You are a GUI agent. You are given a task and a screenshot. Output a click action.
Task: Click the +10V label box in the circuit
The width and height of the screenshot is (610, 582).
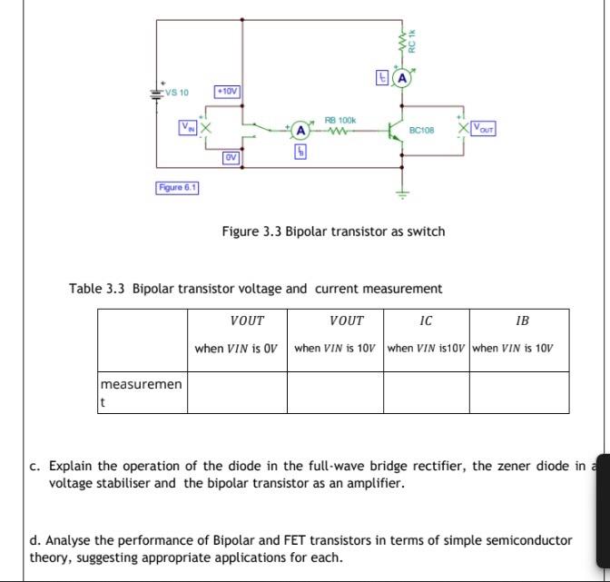(227, 92)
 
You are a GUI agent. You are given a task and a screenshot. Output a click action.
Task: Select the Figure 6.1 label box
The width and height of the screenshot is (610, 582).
(177, 187)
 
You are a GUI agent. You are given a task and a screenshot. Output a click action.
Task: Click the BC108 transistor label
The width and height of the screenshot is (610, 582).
(422, 131)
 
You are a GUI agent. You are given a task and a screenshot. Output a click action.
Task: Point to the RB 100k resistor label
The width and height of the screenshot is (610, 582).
(340, 120)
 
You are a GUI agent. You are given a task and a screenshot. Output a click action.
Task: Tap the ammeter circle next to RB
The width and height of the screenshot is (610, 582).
(299, 132)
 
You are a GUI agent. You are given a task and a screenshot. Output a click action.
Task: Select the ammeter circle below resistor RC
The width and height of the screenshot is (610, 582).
(400, 79)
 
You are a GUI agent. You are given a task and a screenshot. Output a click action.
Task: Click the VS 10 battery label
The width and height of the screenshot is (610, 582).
(177, 93)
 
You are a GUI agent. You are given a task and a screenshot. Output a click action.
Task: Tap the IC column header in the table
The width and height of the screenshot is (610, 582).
(426, 321)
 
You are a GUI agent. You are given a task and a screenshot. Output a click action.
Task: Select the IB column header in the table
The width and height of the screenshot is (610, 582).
(521, 321)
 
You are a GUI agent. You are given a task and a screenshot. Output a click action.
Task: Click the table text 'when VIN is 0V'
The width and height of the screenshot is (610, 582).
(237, 349)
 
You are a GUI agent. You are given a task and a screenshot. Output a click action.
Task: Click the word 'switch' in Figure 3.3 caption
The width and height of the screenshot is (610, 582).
(426, 231)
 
